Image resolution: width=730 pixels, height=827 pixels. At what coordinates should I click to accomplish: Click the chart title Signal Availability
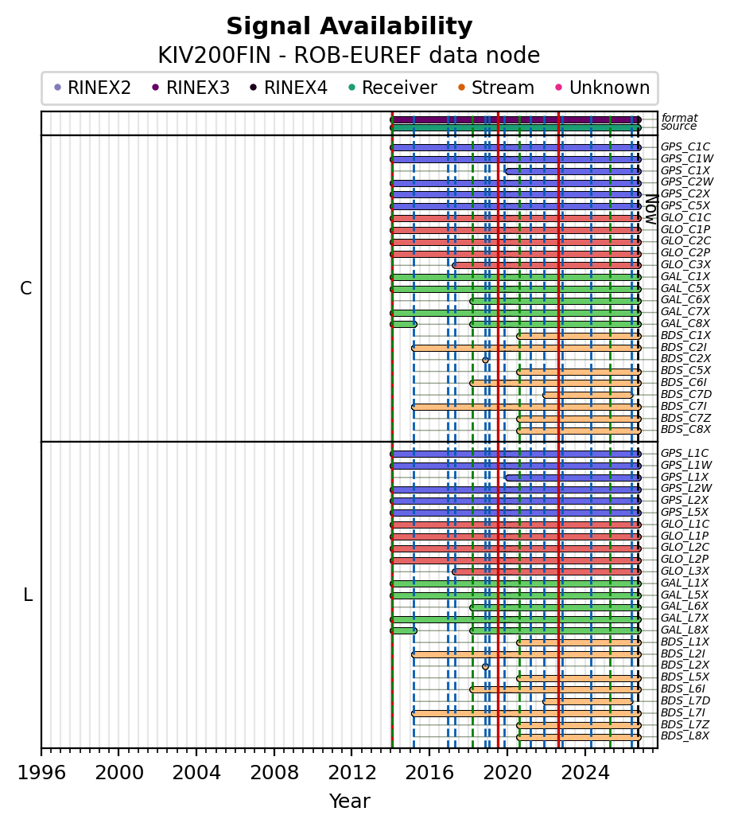tap(349, 26)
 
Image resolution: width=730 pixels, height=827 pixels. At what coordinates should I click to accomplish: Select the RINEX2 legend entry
tap(93, 88)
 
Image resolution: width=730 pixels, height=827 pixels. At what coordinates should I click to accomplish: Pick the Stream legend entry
tap(496, 88)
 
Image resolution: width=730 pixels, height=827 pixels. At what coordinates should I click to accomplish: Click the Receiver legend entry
tap(393, 88)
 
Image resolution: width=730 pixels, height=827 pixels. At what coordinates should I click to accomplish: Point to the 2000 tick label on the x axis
tap(118, 773)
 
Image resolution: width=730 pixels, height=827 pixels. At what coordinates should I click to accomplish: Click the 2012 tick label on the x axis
tap(351, 773)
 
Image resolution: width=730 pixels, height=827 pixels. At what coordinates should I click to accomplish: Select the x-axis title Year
tap(349, 801)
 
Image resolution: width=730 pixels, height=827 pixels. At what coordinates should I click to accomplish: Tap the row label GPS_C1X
tap(685, 170)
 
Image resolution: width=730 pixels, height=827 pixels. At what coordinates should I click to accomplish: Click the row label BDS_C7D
tap(686, 394)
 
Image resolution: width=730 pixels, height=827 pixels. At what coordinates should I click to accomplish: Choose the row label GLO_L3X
tap(685, 571)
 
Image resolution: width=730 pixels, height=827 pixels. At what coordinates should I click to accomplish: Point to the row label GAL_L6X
tap(685, 606)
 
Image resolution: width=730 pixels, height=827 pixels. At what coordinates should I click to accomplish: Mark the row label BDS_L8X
tap(685, 735)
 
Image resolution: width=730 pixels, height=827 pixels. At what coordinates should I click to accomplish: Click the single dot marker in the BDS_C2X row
tap(485, 361)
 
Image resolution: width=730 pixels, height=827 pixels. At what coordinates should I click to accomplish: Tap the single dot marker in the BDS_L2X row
tap(485, 667)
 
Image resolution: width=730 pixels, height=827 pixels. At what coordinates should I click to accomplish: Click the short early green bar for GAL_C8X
tap(404, 324)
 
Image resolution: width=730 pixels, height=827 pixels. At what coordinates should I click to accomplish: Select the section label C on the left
tap(25, 288)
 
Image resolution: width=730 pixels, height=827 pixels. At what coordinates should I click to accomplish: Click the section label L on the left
tap(28, 595)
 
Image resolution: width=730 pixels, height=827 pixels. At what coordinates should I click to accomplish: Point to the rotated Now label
tap(651, 210)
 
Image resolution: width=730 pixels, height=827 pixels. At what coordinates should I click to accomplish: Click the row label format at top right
tap(679, 118)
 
